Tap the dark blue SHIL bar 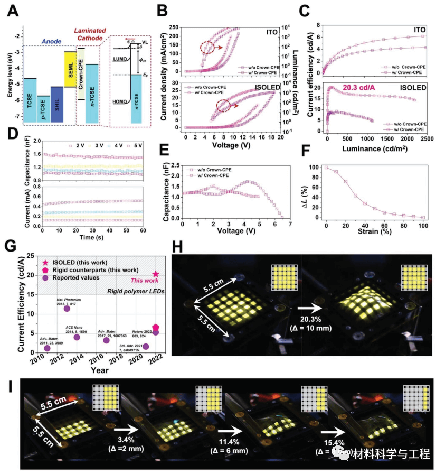tap(56, 104)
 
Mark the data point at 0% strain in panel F tap(326, 167)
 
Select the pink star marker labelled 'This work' tap(156, 274)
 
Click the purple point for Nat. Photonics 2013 tap(67, 308)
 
